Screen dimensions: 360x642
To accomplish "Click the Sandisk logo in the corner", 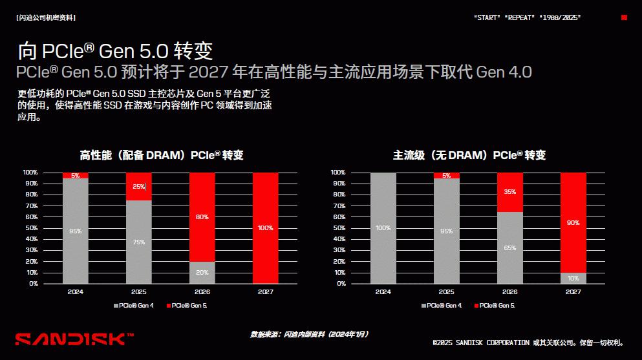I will coord(74,339).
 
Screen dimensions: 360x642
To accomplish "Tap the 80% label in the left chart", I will coord(202,217).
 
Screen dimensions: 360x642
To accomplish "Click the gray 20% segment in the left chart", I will coord(202,273).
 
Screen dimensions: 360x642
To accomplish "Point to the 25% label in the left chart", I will coord(139,187).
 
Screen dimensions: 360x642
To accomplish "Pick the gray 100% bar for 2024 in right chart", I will coord(383,228).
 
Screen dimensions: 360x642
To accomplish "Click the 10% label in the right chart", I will coord(573,278).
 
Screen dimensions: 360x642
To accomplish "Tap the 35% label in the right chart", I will coord(509,192).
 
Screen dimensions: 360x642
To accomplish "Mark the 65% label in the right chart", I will coord(509,248).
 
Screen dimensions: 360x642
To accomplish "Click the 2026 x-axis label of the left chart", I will coord(202,291).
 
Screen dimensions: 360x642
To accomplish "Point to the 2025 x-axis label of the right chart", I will coord(446,291).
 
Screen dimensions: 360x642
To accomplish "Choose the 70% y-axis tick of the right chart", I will coord(338,206).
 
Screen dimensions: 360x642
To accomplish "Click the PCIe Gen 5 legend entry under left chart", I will coord(187,305).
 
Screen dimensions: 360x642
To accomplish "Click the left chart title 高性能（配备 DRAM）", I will coord(162,155).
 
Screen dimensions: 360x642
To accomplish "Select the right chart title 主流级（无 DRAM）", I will coord(469,155).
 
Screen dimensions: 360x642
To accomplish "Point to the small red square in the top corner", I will coord(624,17).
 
